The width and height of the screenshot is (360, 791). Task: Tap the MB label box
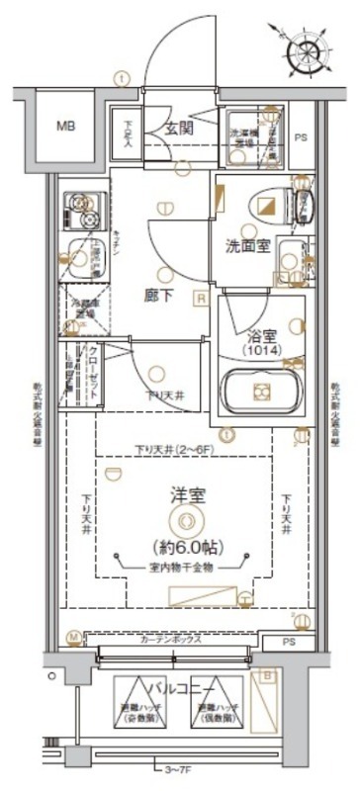coord(65,126)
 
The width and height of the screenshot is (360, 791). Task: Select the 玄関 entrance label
coord(179,127)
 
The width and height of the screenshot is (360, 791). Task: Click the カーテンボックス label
coord(170,640)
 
